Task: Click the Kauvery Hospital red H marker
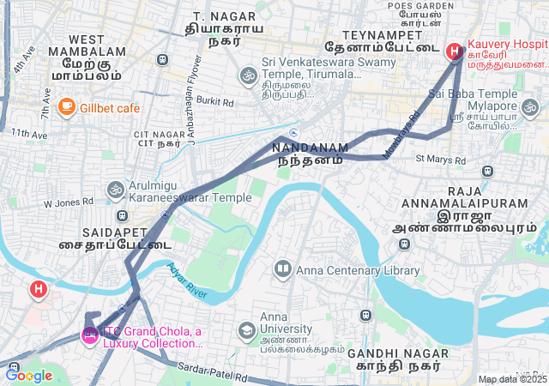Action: tap(454, 51)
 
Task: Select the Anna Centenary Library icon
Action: tap(282, 270)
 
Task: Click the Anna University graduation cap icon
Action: tap(247, 330)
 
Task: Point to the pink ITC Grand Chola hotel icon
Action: tap(89, 335)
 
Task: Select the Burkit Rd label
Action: tap(215, 101)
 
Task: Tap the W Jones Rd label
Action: tap(68, 202)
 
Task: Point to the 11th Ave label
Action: tap(29, 134)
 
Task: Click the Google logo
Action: tap(28, 375)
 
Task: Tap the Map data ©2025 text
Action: tap(512, 379)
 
